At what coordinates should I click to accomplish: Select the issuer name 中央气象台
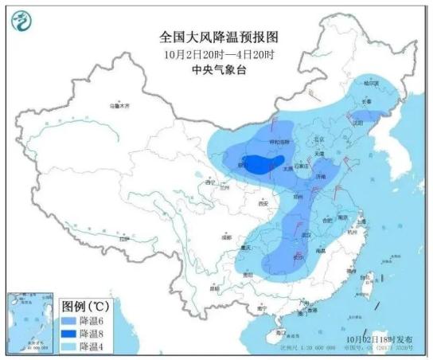tap(216, 69)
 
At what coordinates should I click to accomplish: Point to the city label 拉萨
tap(123, 238)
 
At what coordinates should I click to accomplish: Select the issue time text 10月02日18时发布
tap(377, 338)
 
